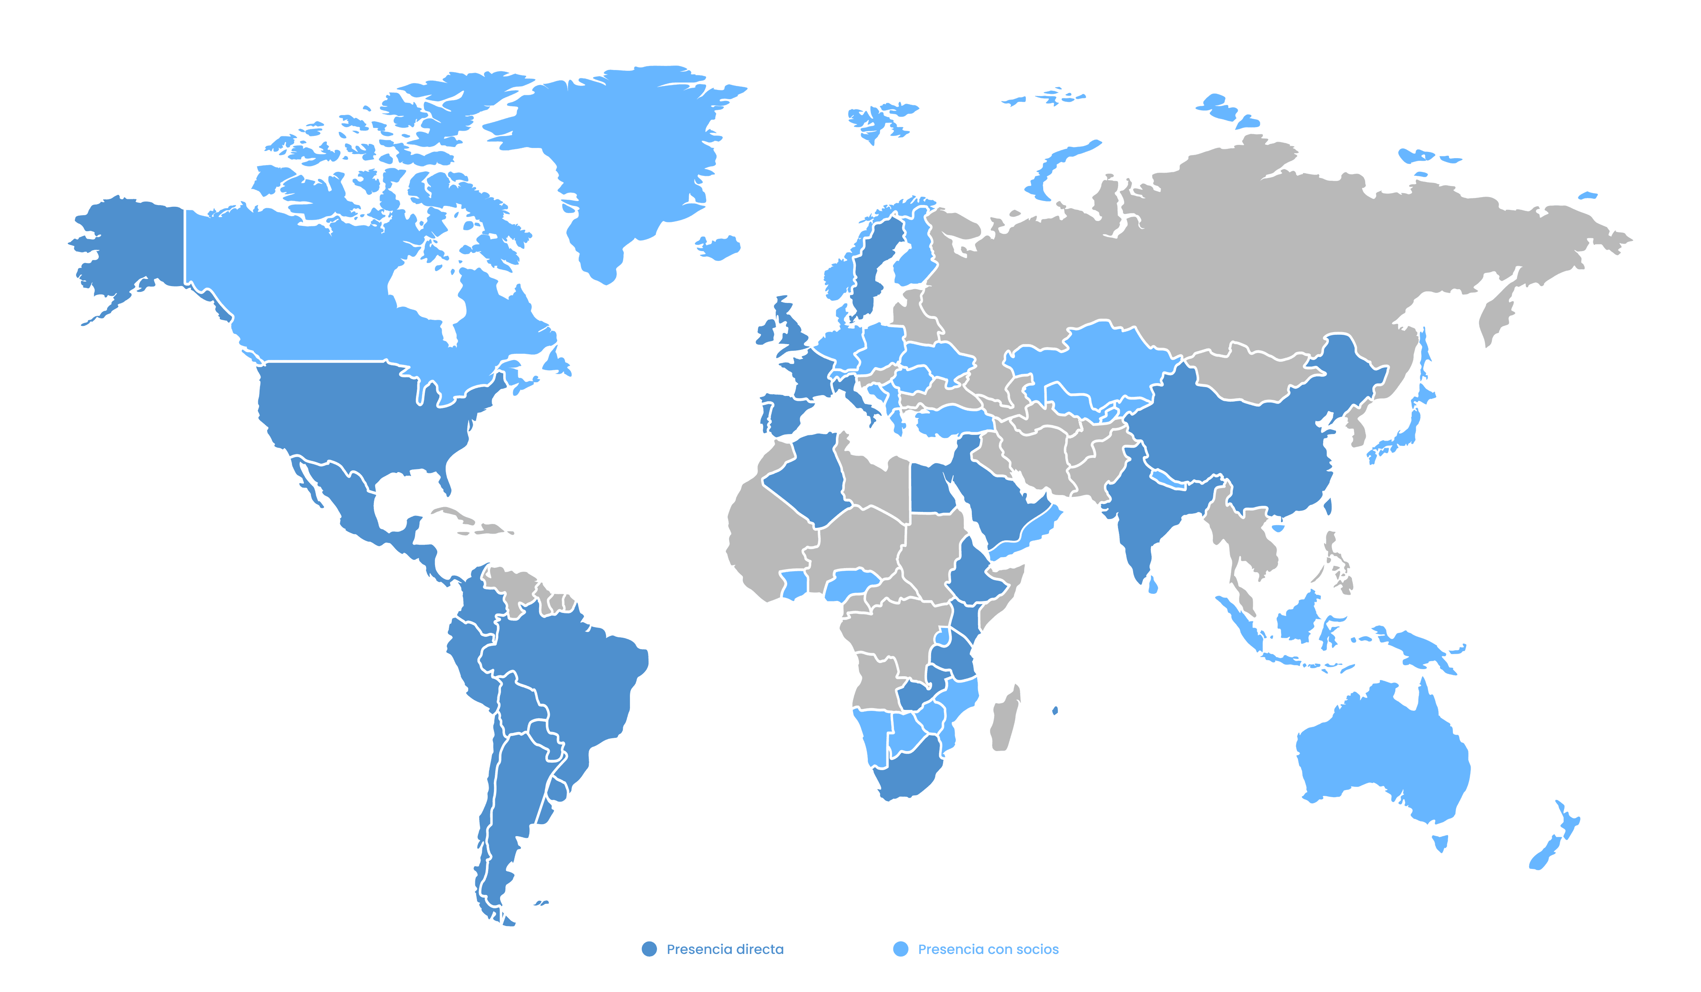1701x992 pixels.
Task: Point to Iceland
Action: click(719, 247)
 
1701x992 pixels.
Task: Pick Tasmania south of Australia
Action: click(1440, 842)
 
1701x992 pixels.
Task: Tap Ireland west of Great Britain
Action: click(767, 333)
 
